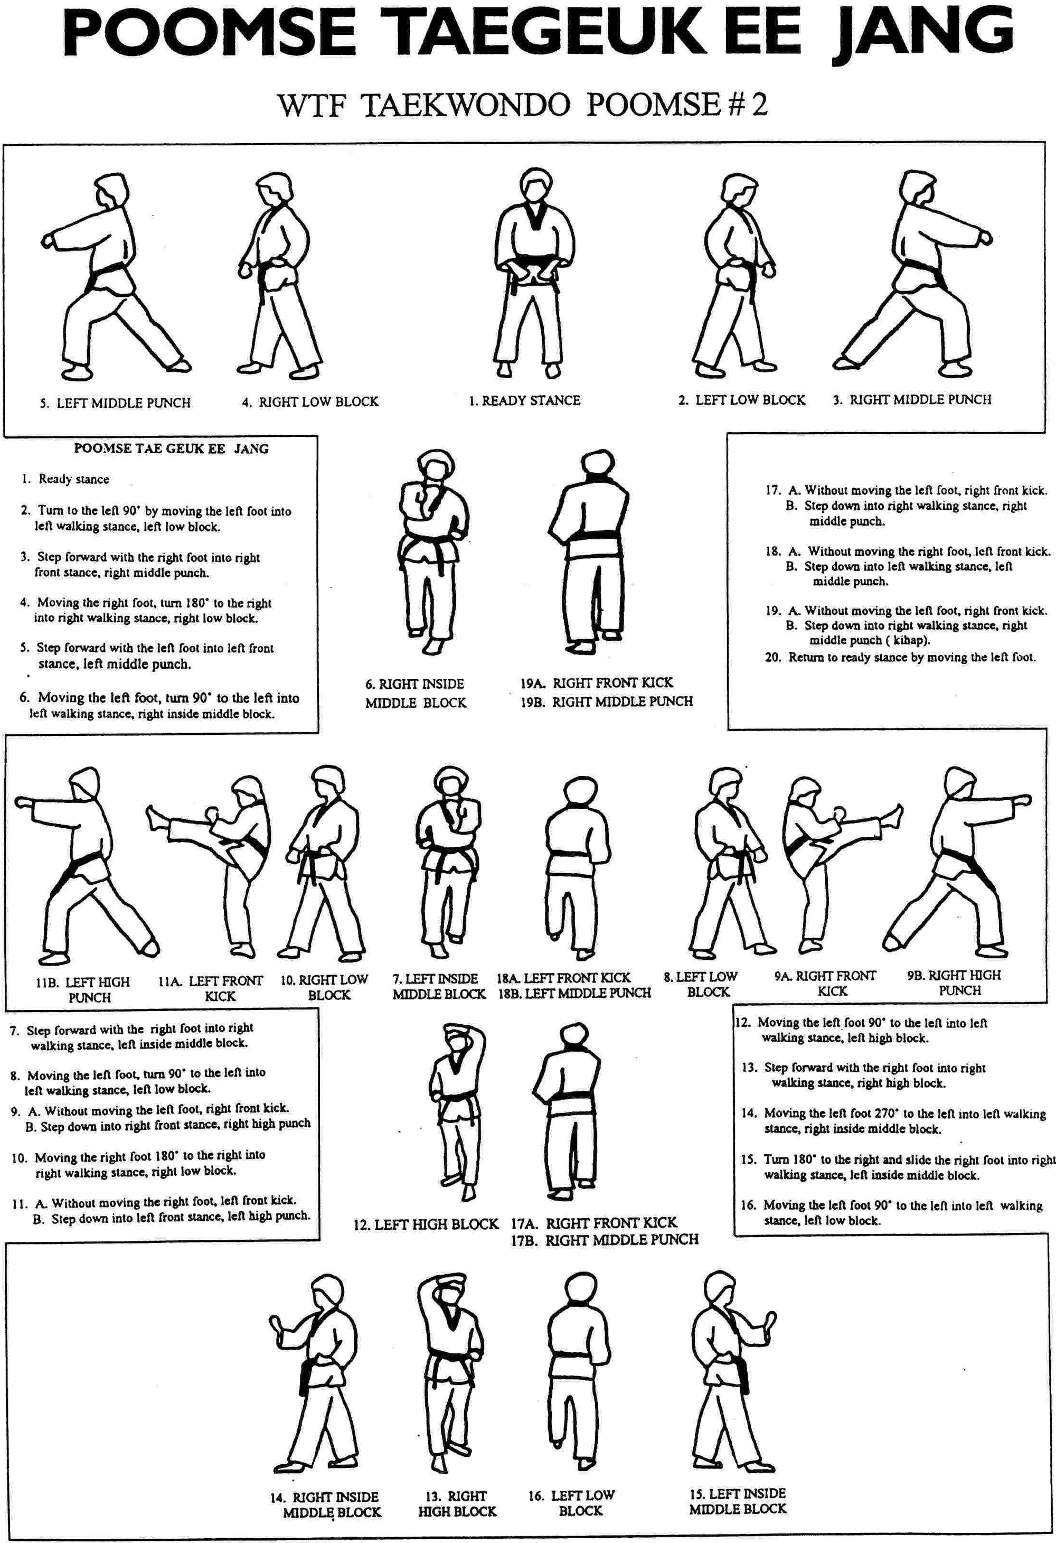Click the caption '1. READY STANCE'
pos(524,400)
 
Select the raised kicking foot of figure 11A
pos(154,815)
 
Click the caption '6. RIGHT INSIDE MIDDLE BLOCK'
pos(416,693)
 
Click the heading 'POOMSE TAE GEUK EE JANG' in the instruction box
pos(171,449)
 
